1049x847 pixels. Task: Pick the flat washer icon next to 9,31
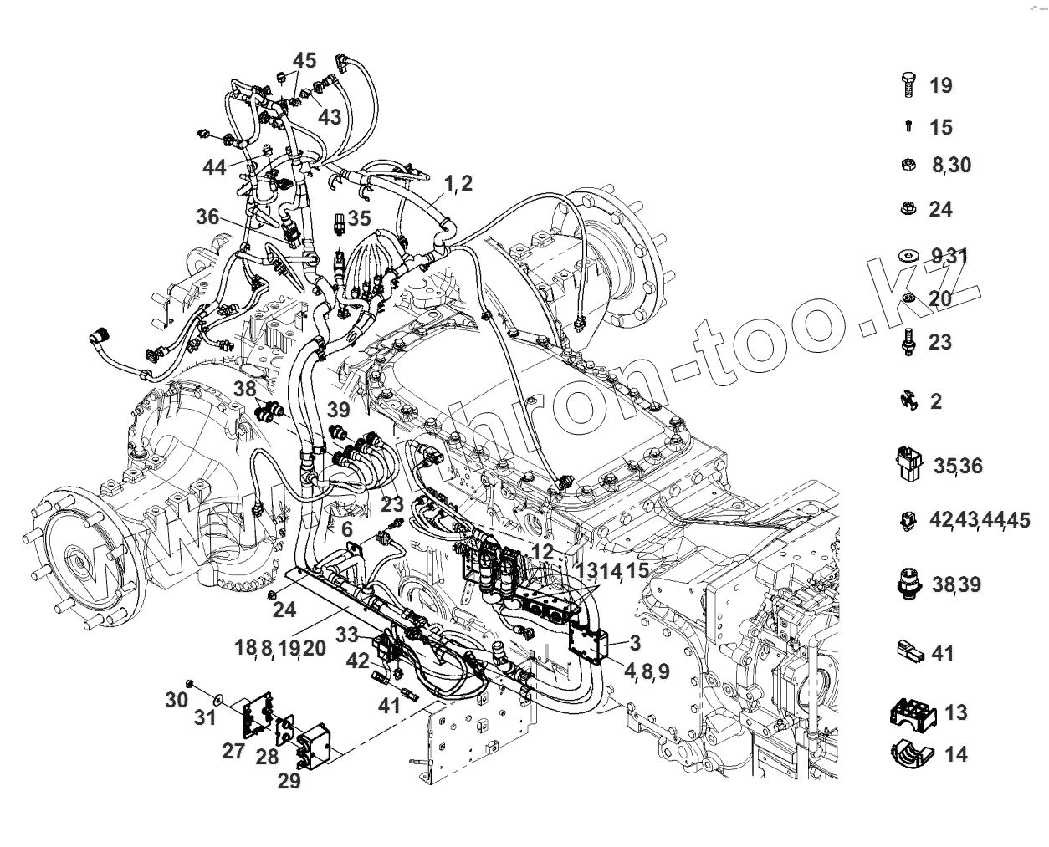[909, 254]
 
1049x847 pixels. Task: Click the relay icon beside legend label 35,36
[908, 464]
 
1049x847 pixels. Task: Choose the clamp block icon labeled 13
[909, 712]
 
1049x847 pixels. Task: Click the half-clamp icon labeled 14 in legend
[909, 753]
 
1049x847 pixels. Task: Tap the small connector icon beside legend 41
[909, 652]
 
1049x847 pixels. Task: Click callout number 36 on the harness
[207, 217]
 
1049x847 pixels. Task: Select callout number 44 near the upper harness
[214, 167]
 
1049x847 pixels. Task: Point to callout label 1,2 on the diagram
[458, 183]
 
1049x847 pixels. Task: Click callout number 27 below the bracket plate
[234, 750]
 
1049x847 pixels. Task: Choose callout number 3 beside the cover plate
[635, 643]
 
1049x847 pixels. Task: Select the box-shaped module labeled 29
[315, 747]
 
